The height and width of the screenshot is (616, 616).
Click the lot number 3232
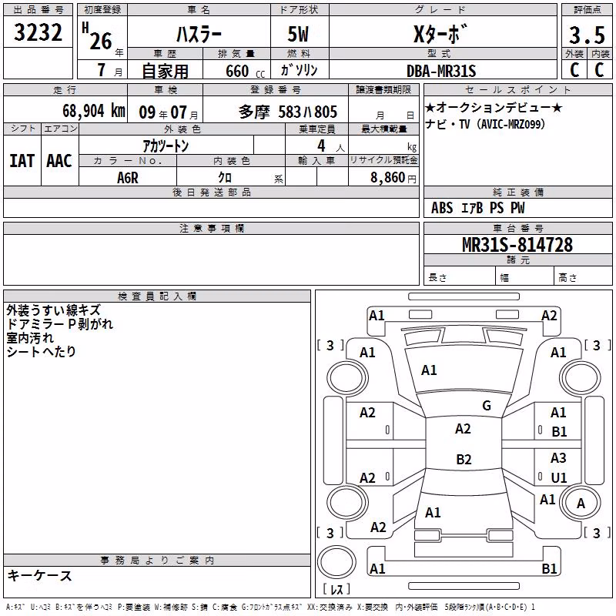(x=38, y=32)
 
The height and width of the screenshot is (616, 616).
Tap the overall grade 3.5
(x=587, y=35)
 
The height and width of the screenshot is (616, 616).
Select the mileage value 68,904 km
(x=94, y=111)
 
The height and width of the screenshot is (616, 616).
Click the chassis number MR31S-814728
(x=517, y=244)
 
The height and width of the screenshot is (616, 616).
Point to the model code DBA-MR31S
(x=441, y=71)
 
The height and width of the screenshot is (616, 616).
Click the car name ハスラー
(x=199, y=35)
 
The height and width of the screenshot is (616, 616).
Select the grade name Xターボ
(x=440, y=35)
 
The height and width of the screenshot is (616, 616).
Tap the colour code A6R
(x=128, y=178)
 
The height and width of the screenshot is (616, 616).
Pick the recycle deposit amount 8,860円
(x=393, y=178)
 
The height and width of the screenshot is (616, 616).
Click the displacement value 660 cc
(x=245, y=71)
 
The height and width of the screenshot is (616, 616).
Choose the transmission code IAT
(x=22, y=161)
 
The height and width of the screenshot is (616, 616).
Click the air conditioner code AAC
(x=59, y=161)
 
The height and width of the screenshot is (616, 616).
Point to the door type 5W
(x=298, y=34)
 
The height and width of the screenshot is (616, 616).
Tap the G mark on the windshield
(x=487, y=406)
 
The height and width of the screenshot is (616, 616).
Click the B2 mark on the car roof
(x=464, y=459)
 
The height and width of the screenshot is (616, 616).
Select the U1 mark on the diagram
(x=559, y=477)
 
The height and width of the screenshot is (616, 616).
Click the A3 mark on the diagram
(x=558, y=457)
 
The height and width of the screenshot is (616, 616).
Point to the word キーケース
(x=39, y=576)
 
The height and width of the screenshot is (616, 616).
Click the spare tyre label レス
(x=336, y=589)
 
